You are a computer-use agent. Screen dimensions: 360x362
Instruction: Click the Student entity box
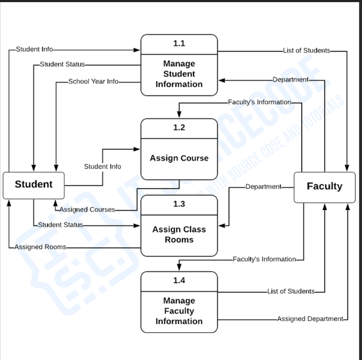tap(33, 184)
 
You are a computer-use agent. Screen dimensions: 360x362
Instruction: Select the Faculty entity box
tap(324, 186)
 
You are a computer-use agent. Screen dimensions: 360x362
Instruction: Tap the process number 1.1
tap(179, 44)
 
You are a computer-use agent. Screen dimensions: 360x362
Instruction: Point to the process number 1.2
tap(179, 128)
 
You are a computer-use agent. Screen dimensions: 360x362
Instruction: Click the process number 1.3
tap(179, 204)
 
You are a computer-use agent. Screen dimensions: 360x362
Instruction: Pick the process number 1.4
tap(179, 281)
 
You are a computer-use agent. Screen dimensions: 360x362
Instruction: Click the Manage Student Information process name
tap(179, 74)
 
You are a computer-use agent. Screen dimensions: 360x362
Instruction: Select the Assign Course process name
tap(179, 158)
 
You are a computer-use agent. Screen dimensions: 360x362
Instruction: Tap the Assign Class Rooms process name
tap(179, 234)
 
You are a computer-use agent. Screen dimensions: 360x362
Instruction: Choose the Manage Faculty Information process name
tap(179, 311)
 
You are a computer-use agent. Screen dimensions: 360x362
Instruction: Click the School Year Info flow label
tap(93, 81)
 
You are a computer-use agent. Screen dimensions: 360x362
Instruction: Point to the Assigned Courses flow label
tap(87, 210)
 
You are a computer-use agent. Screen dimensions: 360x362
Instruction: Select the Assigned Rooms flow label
tap(40, 247)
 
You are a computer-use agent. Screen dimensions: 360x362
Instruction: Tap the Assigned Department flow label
tap(310, 319)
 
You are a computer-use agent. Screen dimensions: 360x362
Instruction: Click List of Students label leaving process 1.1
tap(306, 50)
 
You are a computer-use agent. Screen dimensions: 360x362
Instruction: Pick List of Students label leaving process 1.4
tap(291, 291)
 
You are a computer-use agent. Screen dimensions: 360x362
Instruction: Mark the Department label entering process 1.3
tap(263, 187)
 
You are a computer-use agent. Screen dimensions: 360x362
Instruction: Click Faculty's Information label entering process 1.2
tap(259, 102)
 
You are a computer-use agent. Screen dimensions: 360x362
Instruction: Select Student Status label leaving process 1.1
tap(62, 64)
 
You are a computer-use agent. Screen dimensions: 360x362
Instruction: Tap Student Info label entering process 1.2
tap(103, 167)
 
